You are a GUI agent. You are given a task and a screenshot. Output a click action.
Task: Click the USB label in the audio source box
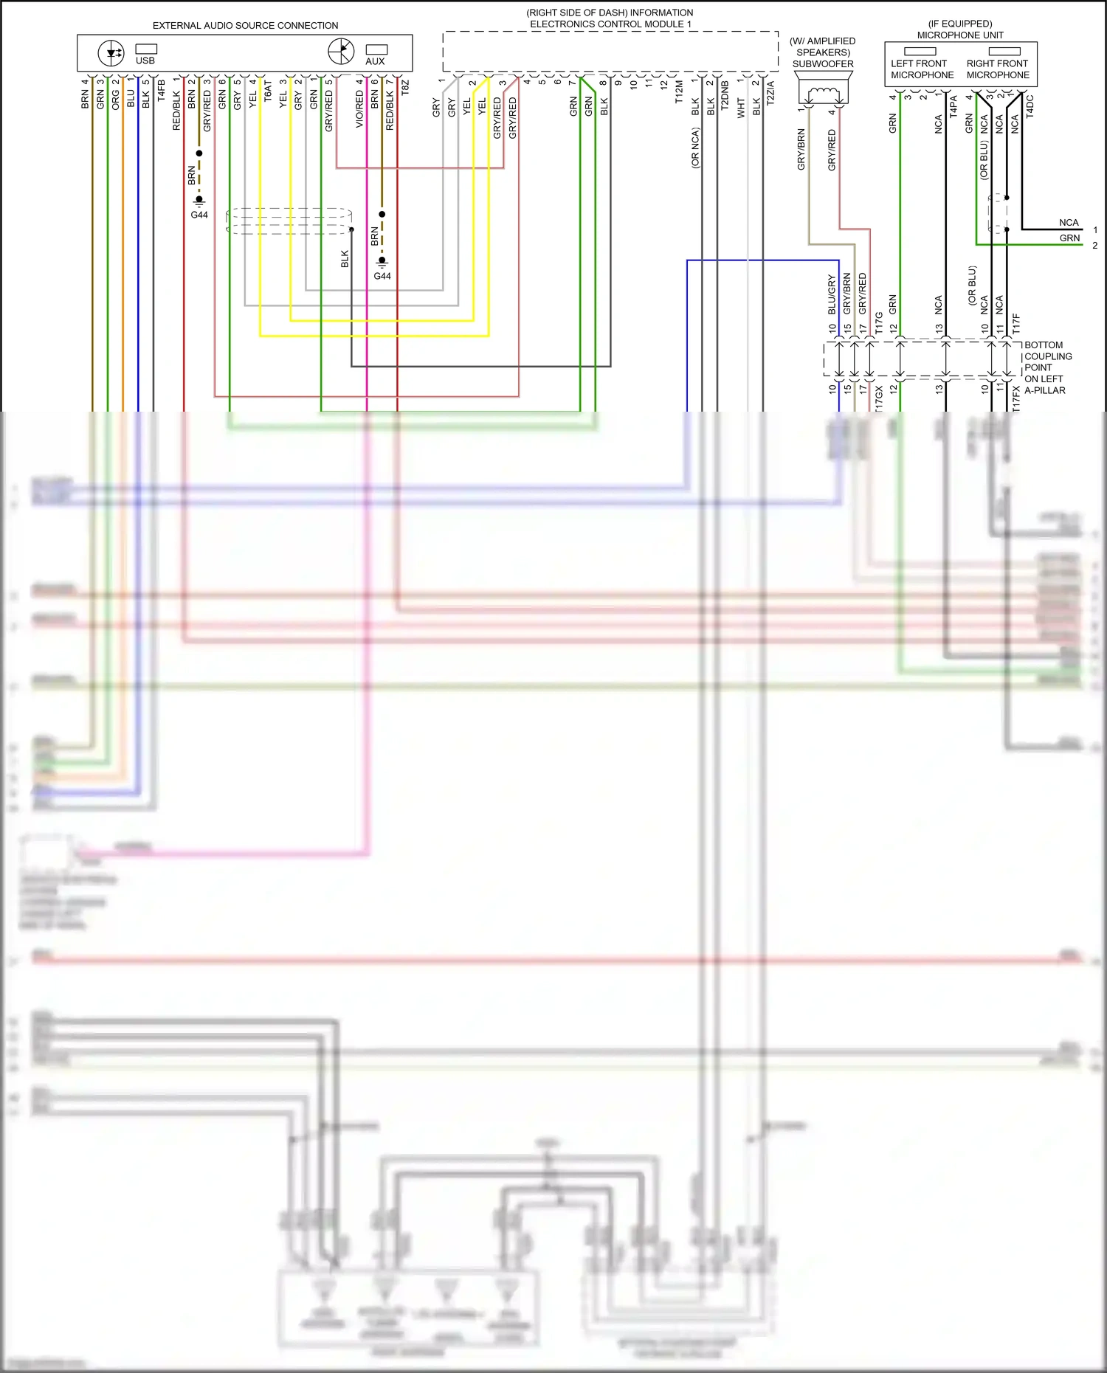(145, 60)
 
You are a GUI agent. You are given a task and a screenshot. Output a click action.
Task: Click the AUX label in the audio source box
(375, 61)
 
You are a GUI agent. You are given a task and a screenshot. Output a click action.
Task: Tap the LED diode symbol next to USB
(111, 53)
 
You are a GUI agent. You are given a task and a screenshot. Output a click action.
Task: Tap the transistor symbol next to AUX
(341, 52)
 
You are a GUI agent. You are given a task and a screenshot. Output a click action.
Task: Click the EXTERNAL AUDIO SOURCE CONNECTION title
(245, 26)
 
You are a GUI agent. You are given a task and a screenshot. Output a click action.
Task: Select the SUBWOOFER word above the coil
(823, 64)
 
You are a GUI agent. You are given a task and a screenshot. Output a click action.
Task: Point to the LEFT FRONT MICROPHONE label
(922, 69)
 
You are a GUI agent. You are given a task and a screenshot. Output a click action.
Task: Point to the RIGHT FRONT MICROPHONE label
(998, 69)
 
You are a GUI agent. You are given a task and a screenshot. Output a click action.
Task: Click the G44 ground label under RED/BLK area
(199, 215)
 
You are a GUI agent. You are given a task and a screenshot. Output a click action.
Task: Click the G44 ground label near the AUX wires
(382, 276)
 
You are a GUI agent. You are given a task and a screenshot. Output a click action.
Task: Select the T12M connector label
(679, 92)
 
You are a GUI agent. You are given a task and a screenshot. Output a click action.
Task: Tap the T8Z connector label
(404, 87)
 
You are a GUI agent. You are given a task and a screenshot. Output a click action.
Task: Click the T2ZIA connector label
(770, 92)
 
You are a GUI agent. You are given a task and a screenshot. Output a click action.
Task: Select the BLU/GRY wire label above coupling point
(832, 294)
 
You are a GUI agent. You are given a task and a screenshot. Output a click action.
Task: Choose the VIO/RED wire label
(359, 110)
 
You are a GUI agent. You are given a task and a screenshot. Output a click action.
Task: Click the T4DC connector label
(1030, 106)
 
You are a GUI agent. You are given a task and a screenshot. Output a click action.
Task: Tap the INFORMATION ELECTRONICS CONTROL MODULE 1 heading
(610, 18)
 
